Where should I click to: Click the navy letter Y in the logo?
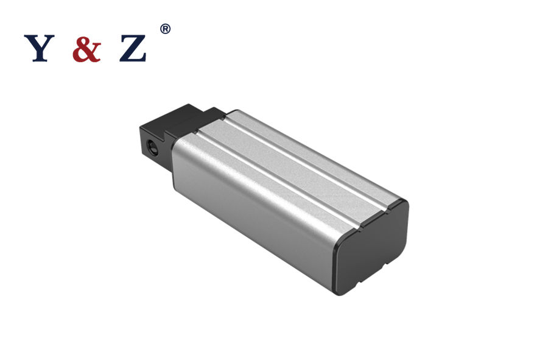[x=38, y=49]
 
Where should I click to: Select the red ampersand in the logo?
[x=86, y=49]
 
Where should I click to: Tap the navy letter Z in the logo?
[x=133, y=49]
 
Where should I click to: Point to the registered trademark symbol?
[x=165, y=29]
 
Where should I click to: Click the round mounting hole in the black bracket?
[x=150, y=146]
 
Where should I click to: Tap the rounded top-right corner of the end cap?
[x=403, y=204]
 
